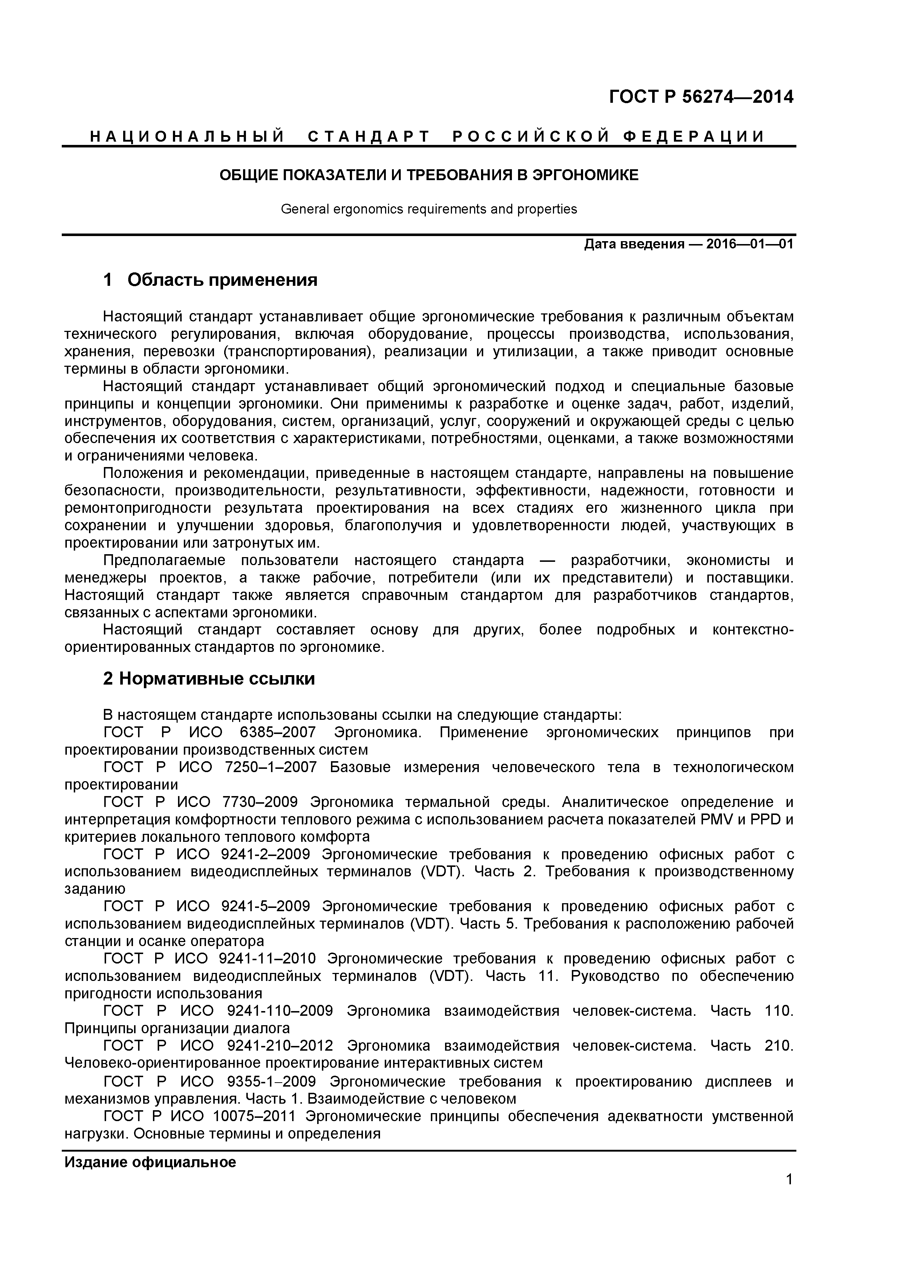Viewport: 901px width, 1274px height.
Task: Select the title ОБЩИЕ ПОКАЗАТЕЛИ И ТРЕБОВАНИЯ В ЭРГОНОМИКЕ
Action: coord(429,175)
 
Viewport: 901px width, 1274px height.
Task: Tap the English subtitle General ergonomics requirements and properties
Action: coord(429,209)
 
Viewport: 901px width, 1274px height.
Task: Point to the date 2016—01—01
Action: coord(750,244)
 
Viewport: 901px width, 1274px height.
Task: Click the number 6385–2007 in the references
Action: coord(278,733)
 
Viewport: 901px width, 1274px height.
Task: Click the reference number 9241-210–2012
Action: coord(280,1046)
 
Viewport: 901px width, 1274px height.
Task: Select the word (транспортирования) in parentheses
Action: coord(298,352)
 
